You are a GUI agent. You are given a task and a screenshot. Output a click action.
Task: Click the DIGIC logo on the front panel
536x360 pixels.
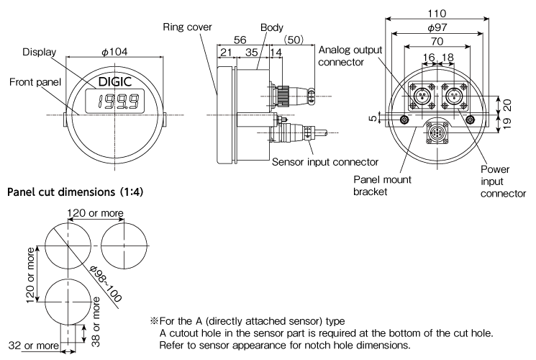[115, 81]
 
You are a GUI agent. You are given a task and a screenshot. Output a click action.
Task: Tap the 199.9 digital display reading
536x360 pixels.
[118, 102]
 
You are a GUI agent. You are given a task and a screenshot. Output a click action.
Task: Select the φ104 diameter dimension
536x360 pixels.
[115, 52]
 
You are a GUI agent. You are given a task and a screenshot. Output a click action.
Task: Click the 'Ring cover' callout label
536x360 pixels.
[187, 27]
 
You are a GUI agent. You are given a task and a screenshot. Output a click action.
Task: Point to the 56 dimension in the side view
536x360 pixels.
[240, 40]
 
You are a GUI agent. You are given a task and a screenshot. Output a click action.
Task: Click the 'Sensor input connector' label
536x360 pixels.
[325, 162]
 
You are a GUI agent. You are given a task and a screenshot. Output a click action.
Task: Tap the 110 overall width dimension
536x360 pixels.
[437, 14]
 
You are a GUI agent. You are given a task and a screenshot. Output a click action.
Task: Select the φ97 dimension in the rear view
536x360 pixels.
[437, 27]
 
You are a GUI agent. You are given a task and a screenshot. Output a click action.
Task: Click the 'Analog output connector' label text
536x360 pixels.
[350, 55]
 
